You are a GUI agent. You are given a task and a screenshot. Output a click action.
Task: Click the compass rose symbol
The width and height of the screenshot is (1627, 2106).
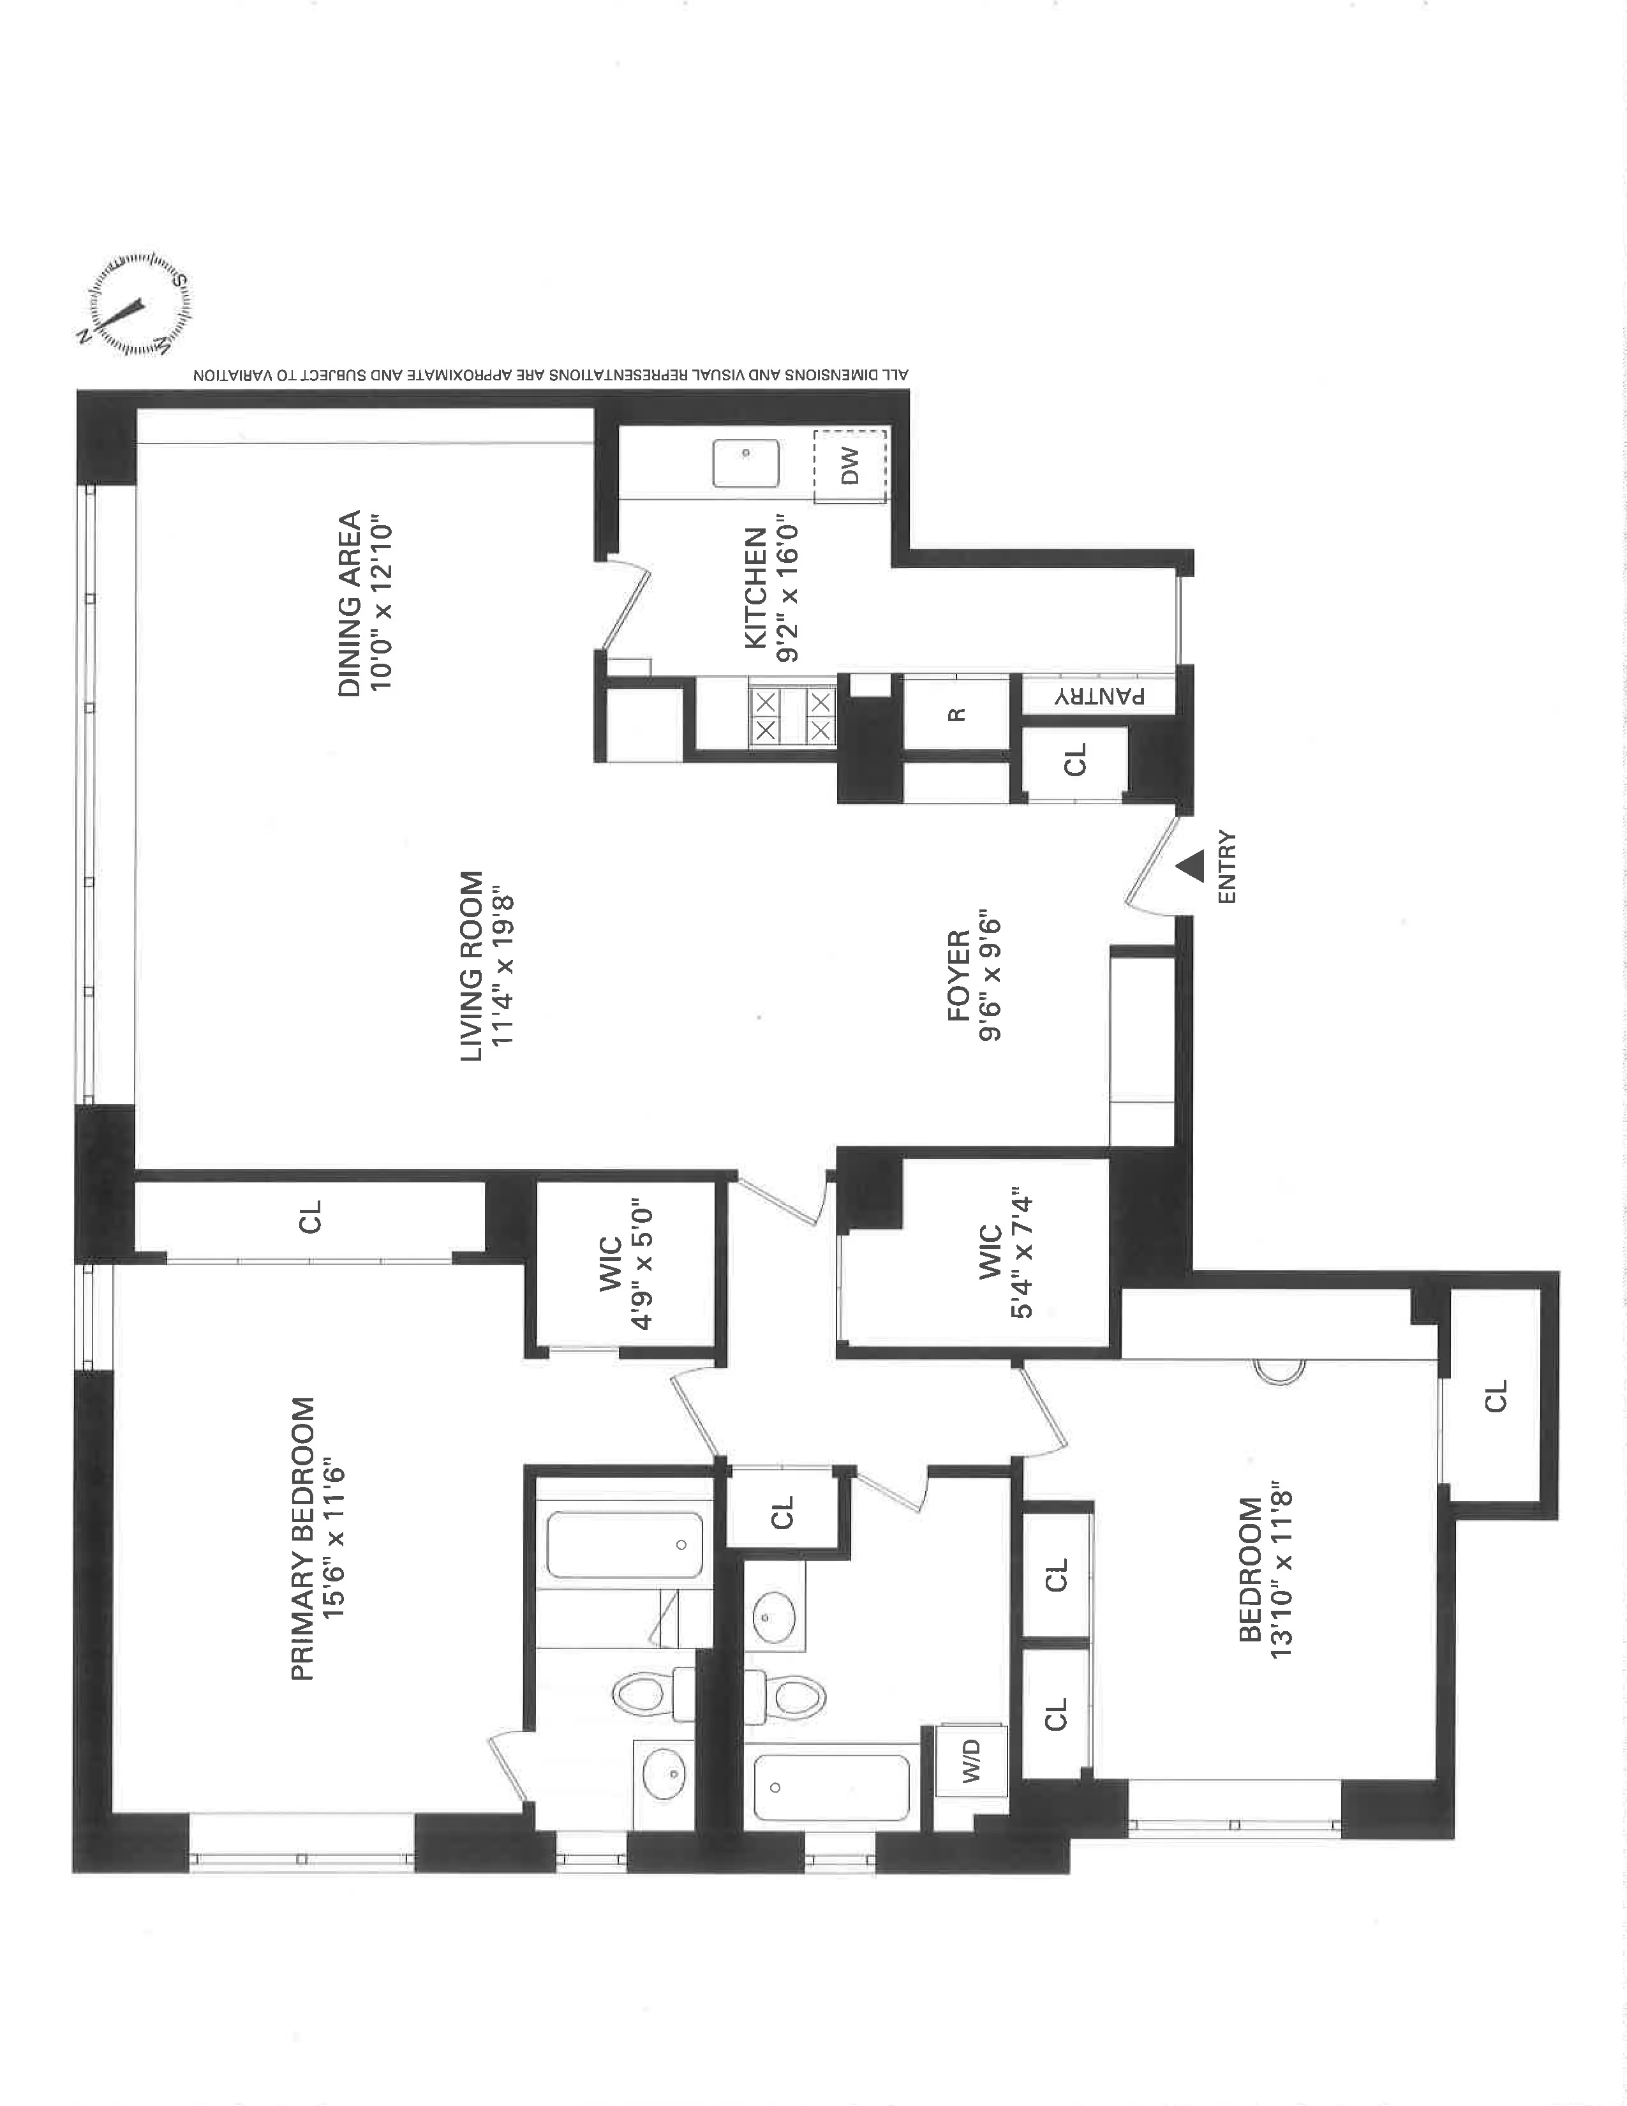[x=134, y=306]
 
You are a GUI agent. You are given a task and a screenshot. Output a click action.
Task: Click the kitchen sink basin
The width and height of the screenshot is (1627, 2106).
[x=745, y=464]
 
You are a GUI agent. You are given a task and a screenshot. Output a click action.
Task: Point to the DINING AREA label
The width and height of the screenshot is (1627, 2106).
[x=364, y=604]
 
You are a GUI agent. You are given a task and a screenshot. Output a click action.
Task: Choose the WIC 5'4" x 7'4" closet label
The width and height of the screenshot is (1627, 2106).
[x=1006, y=1253]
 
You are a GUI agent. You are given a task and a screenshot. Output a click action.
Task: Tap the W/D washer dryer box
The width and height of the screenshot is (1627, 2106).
[x=970, y=1760]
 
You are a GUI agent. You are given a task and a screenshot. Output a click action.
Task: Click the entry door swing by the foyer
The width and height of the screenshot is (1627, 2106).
[x=1152, y=863]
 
